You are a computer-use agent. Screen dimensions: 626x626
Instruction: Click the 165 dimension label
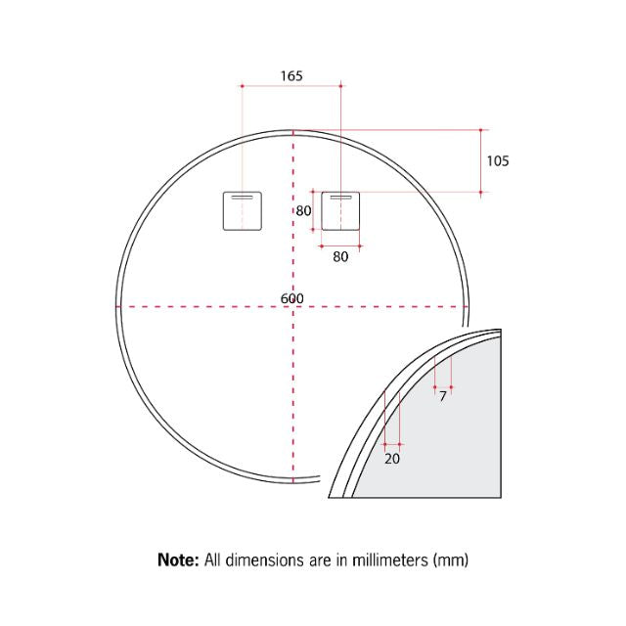291,75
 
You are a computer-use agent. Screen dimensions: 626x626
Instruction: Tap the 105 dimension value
497,160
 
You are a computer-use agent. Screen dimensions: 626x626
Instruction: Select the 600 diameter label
291,298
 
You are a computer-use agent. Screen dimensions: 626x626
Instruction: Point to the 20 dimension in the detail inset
392,458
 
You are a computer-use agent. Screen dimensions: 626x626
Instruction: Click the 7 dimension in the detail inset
442,397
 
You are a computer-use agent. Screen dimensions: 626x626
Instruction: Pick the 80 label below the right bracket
340,257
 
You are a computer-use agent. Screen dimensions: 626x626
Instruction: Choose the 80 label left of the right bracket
303,210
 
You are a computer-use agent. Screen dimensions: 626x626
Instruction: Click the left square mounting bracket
242,210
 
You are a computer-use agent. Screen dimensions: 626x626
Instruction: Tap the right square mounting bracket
340,210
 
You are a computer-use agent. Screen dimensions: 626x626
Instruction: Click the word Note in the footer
178,560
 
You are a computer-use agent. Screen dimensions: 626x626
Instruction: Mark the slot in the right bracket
340,198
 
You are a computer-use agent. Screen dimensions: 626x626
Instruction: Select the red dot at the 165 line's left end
242,86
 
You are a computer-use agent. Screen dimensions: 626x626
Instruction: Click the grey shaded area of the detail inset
460,440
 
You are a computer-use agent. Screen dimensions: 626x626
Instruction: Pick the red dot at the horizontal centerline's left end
119,307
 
